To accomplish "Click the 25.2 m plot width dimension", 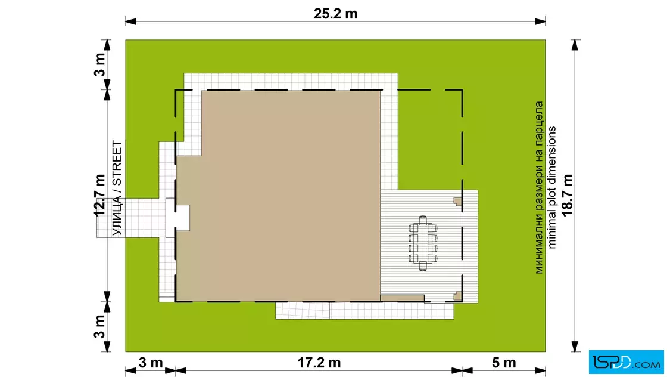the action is point(336,14).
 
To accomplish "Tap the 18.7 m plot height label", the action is point(567,195).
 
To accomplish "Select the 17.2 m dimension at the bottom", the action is point(319,363).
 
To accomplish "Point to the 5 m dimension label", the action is point(504,363).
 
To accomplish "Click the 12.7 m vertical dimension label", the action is point(100,195).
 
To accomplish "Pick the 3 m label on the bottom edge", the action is point(151,363).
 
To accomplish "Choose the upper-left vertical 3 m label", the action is point(99,65).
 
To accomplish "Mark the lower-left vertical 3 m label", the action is point(99,326).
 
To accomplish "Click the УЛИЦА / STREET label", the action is point(117,188).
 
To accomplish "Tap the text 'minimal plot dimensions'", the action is point(551,187).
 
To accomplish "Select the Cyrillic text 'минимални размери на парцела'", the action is point(539,187).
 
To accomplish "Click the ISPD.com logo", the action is point(626,362).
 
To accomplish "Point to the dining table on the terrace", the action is point(423,243).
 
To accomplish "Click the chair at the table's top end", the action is point(423,220).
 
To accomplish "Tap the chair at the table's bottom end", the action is point(423,266).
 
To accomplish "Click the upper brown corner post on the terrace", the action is point(457,202).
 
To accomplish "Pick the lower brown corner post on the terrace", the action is point(457,296).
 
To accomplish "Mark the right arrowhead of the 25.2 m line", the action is point(540,21).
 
